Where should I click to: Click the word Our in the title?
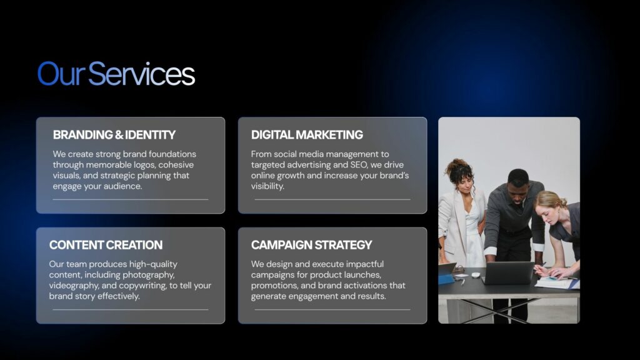pos(61,74)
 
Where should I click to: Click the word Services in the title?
pos(142,74)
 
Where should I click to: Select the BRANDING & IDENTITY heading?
pos(114,135)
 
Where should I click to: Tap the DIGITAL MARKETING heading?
pos(307,135)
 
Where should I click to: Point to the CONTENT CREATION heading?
pos(106,245)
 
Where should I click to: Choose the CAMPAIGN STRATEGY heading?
pos(311,245)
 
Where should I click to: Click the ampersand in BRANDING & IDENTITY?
pos(119,135)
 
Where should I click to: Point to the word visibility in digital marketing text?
pos(267,186)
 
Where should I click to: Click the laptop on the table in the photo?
pos(507,272)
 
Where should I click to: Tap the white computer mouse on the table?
pos(476,275)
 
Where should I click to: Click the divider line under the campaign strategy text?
pos(332,310)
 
